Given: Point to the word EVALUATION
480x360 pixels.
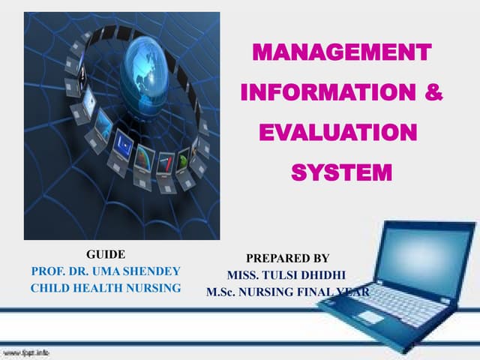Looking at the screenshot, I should [337, 134].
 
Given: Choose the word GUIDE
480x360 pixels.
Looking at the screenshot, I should [106, 255].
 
